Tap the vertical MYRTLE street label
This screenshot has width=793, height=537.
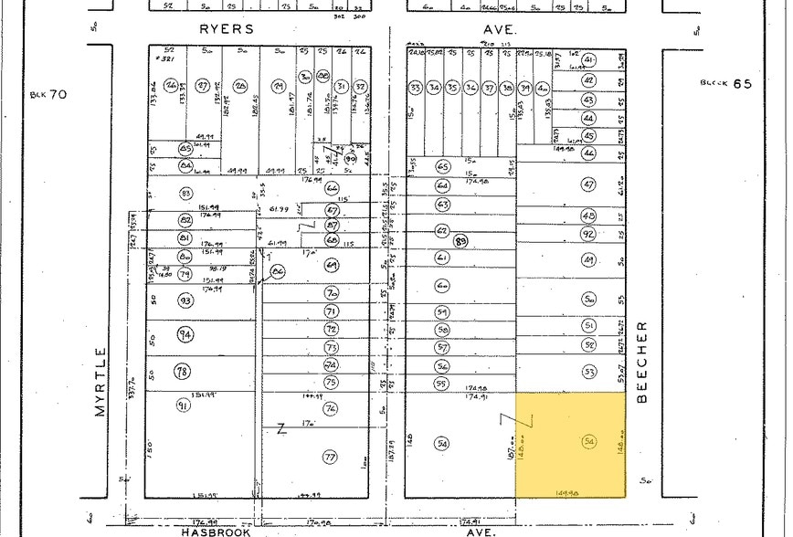[x=100, y=381]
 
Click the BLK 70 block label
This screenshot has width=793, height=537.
[x=48, y=93]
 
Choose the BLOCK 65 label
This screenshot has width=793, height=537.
[x=726, y=82]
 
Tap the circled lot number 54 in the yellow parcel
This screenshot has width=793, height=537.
[x=589, y=442]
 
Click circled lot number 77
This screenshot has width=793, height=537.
[x=331, y=456]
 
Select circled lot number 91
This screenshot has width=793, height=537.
[x=184, y=405]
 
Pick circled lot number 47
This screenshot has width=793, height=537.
[x=588, y=184]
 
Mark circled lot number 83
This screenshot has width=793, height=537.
[x=185, y=194]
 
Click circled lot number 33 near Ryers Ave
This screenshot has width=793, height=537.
[x=416, y=88]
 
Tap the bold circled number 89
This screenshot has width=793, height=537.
[x=460, y=241]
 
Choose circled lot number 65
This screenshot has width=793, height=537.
[x=444, y=167]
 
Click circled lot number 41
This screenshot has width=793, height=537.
[x=588, y=60]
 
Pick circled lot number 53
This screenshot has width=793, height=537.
[x=589, y=372]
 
